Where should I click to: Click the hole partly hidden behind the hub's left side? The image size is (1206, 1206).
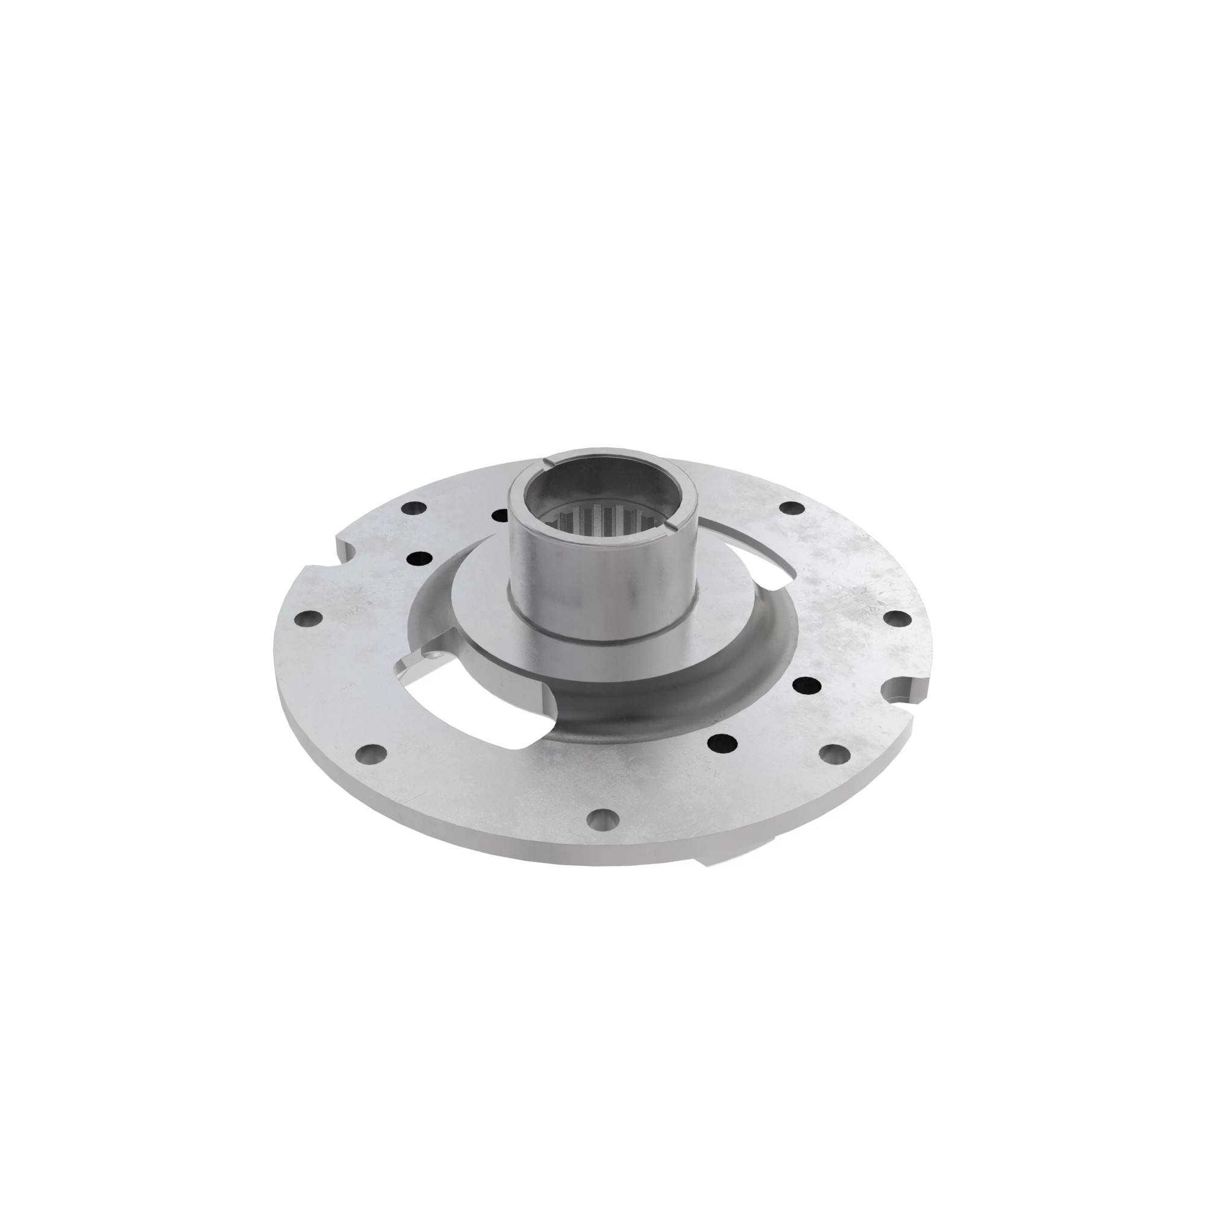499,516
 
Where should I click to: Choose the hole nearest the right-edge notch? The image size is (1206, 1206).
832,756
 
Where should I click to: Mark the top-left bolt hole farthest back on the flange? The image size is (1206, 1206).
412,509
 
